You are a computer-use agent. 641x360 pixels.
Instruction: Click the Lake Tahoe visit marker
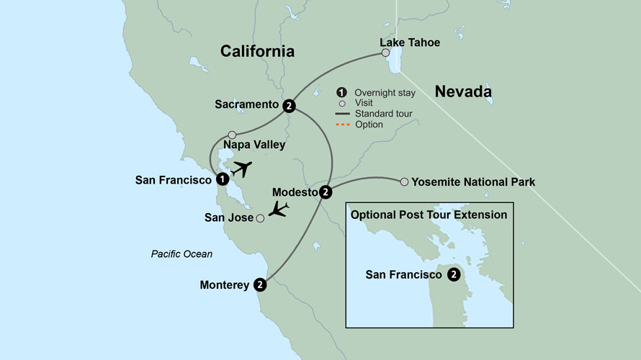(386, 53)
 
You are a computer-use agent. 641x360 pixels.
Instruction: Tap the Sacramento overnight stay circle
(289, 105)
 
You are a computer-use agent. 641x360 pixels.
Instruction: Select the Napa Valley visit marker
(232, 135)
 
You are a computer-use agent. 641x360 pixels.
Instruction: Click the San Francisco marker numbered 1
(223, 179)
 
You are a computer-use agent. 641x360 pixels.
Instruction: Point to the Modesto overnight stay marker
(326, 192)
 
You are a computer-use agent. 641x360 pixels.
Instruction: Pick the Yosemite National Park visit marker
(404, 181)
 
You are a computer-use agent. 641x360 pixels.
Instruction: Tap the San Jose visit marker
(260, 218)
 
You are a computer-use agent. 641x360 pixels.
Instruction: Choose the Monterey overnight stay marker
(261, 285)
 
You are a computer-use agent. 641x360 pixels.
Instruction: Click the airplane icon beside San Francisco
(243, 170)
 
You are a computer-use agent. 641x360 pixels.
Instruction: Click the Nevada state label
(463, 91)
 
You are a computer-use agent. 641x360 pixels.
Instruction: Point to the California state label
(257, 51)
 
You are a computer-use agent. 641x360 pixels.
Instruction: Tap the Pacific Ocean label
(181, 253)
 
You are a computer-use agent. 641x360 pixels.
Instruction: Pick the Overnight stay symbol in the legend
(341, 92)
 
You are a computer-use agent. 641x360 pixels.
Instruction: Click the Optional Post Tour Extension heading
(429, 215)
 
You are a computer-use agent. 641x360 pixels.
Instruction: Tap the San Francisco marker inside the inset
(454, 274)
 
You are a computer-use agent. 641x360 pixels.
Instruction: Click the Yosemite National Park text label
(473, 182)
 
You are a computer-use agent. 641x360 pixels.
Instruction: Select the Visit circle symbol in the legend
(341, 103)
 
